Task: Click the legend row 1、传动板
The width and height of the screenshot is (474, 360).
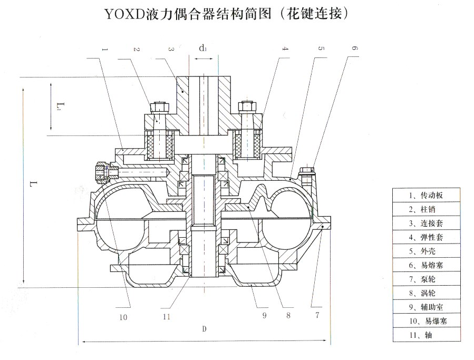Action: [425, 194]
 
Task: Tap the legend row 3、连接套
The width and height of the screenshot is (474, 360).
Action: [425, 223]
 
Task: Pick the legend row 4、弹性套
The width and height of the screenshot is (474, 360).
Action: [425, 237]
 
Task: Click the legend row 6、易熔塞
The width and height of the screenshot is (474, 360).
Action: [425, 265]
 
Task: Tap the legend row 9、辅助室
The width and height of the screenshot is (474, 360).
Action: [425, 306]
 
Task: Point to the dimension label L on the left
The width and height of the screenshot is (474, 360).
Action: [33, 185]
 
